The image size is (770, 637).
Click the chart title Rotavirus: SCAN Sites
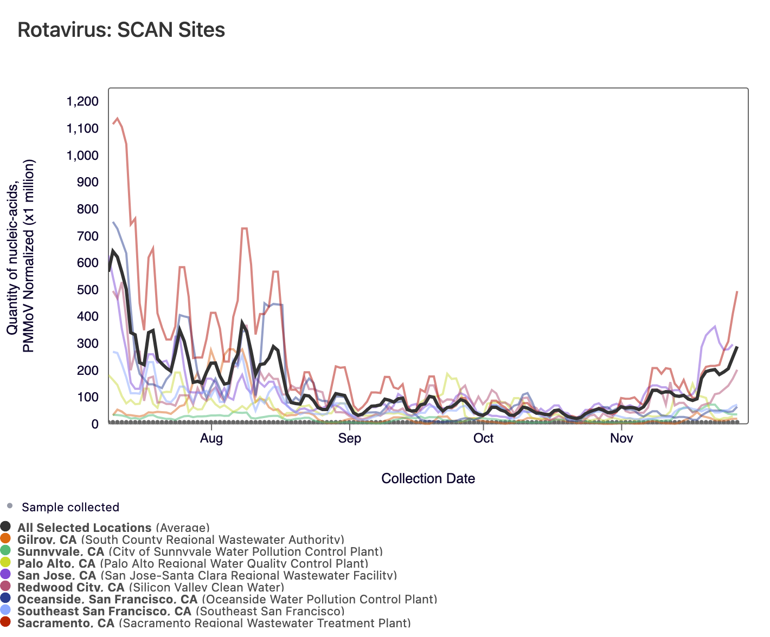tap(121, 30)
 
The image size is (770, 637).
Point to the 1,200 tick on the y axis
tap(82, 102)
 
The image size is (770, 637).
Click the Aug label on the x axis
tap(211, 438)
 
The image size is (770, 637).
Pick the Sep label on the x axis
tap(349, 438)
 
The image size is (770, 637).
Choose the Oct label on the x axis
tap(483, 438)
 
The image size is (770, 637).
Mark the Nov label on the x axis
tap(621, 438)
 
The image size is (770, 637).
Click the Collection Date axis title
tap(428, 478)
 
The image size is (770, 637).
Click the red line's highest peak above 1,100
tap(117, 118)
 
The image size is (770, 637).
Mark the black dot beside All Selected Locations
tap(5, 526)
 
